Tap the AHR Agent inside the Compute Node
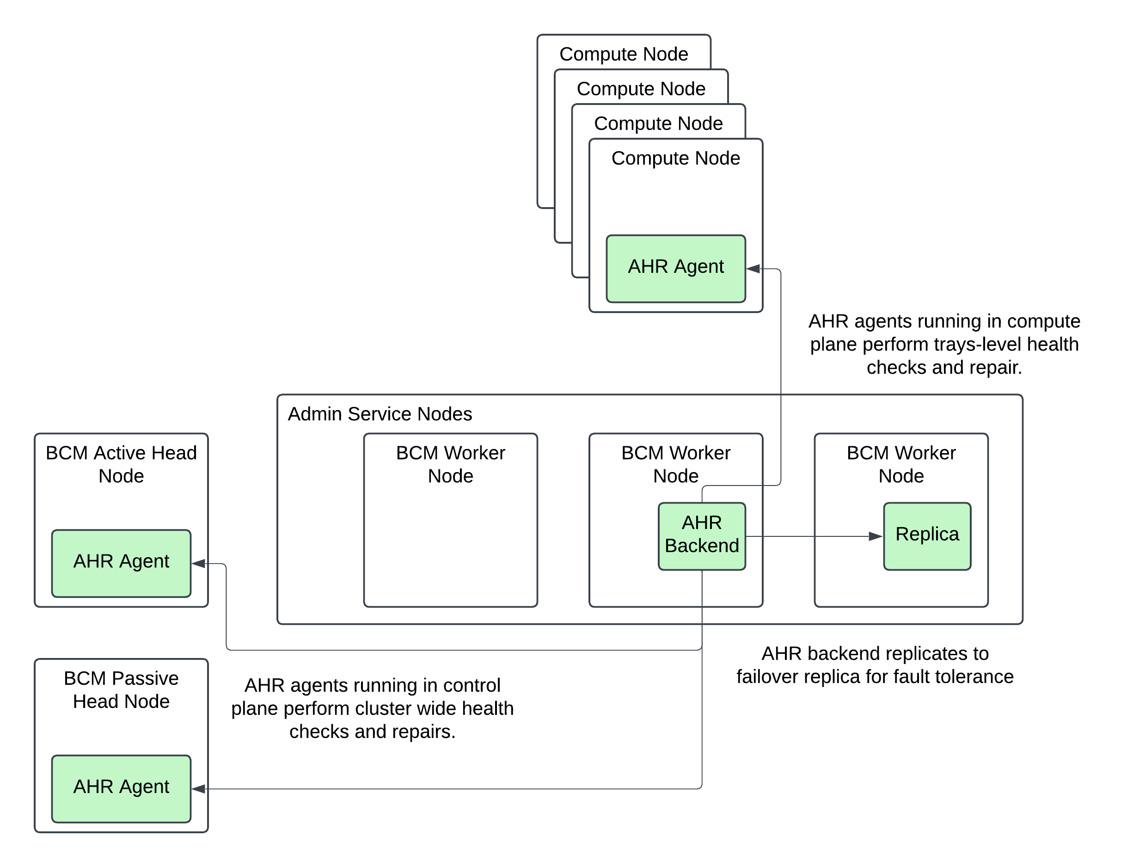[675, 268]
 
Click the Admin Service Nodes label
[380, 414]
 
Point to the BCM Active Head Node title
[121, 464]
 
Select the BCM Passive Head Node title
[121, 689]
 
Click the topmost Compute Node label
[624, 54]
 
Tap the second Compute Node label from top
[641, 89]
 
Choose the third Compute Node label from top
[658, 123]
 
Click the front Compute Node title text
[675, 158]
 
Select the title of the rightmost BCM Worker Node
[900, 464]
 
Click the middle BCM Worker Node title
[675, 464]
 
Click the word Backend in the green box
[701, 546]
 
